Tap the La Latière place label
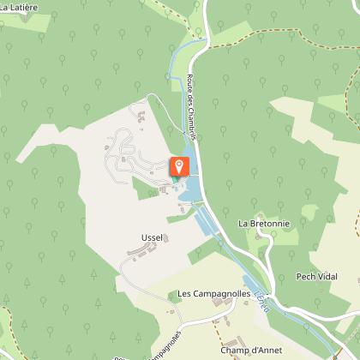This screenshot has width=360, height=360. tap(18, 8)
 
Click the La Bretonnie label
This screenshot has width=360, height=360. tap(264, 224)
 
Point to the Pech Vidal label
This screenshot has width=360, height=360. tap(316, 276)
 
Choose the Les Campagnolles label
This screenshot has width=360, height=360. tap(213, 293)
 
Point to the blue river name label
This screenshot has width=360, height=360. tap(260, 296)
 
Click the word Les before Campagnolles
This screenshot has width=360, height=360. tap(185, 293)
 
